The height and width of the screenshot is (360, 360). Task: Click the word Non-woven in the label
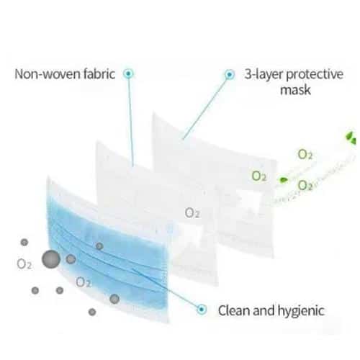point(48,74)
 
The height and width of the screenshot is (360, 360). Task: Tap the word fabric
point(99,73)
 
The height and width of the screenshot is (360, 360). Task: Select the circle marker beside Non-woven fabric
point(128,73)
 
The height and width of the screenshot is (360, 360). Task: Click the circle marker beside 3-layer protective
point(230,75)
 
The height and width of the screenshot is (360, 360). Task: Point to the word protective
point(315,75)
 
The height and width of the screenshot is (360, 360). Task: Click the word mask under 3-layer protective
point(295,90)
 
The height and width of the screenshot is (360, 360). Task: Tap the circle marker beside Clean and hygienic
point(202,310)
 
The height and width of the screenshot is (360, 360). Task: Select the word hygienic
point(301,311)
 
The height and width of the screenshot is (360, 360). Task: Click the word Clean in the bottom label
point(234,310)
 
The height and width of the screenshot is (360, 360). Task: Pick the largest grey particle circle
point(51,259)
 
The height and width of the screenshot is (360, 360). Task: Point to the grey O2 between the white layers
point(192,213)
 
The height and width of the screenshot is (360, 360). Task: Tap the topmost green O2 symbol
point(305,154)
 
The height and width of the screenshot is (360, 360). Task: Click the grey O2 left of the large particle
point(24,264)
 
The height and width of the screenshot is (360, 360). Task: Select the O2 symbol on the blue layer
point(83,282)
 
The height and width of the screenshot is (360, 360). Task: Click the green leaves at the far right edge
point(351,138)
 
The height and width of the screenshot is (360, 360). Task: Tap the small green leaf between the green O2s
point(283,179)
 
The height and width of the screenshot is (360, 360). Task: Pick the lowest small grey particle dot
point(92,312)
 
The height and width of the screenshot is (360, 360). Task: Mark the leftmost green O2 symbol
point(259,176)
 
